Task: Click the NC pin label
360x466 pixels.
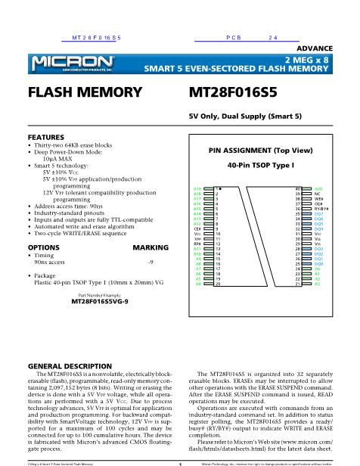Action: [x=318, y=193]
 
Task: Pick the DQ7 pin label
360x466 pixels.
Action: [x=318, y=214]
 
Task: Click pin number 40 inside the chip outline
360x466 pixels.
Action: [x=298, y=188]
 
